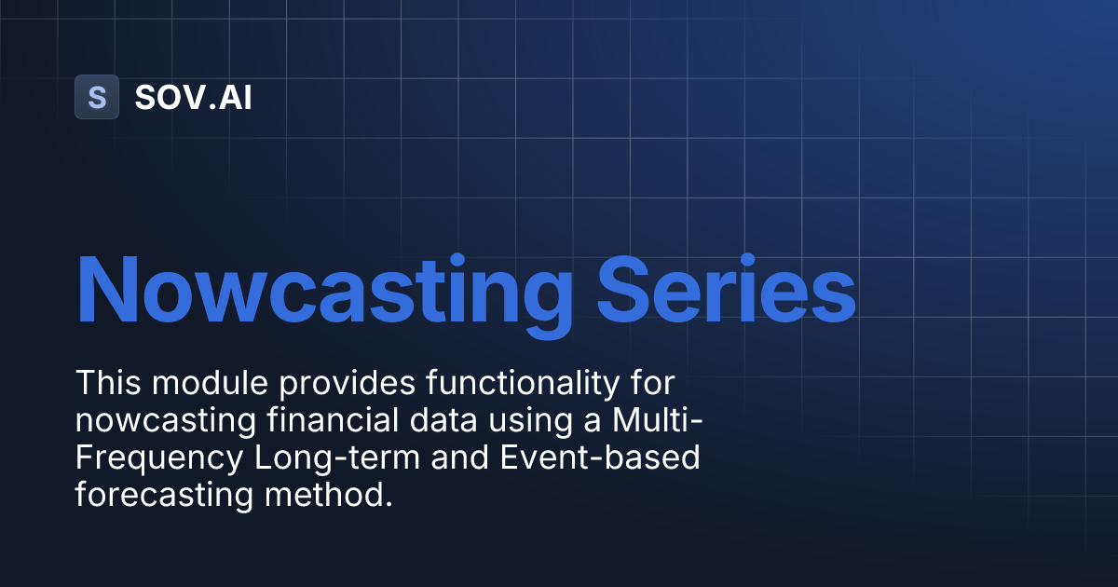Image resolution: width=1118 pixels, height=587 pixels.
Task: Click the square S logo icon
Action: point(97,97)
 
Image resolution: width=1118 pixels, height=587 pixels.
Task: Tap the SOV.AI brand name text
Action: point(193,98)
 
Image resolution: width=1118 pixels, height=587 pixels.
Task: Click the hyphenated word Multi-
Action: point(658,420)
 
